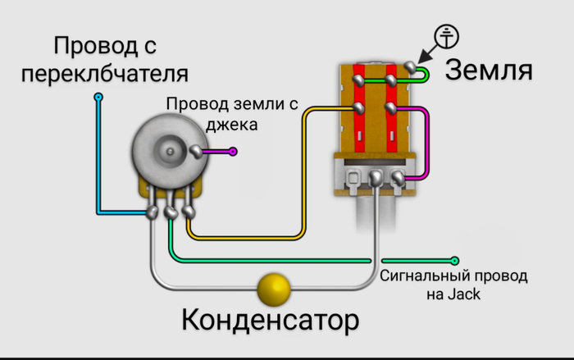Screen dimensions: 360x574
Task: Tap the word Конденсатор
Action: (270, 320)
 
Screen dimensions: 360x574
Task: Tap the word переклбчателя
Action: (105, 73)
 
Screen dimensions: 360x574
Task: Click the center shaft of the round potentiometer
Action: (170, 152)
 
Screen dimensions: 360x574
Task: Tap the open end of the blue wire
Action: (98, 98)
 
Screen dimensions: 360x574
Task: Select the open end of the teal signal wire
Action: (455, 260)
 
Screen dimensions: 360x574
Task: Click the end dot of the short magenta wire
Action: (234, 151)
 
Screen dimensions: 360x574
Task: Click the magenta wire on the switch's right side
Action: (422, 139)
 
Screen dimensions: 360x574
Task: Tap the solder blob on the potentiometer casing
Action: (195, 151)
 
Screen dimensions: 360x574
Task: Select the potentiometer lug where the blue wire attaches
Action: (153, 213)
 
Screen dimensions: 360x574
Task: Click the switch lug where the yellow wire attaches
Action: (359, 108)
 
